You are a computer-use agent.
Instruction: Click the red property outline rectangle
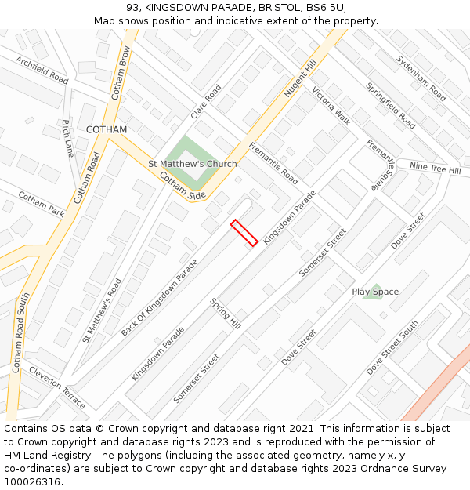[244, 233]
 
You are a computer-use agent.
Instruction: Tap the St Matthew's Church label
[193, 164]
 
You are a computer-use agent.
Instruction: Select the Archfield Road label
[42, 70]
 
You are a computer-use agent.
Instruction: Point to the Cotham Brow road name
[120, 73]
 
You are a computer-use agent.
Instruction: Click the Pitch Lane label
[68, 139]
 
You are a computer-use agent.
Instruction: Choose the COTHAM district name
[107, 129]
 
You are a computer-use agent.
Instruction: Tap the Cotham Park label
[42, 205]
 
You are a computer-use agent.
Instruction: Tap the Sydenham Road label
[421, 78]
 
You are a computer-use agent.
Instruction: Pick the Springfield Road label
[390, 105]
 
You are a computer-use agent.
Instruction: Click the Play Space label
[375, 292]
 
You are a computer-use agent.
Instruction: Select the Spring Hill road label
[225, 312]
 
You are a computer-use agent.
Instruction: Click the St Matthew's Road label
[102, 310]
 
